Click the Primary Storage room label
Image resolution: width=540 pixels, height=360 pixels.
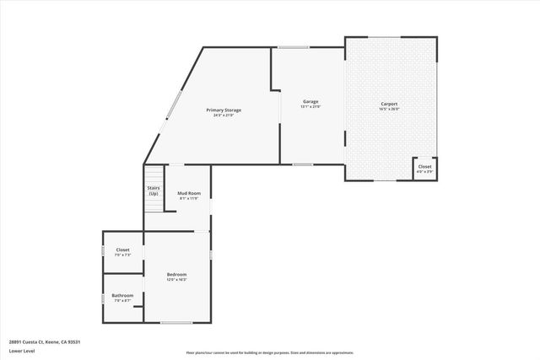pos(224,110)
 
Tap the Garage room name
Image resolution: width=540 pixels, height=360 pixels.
pos(310,102)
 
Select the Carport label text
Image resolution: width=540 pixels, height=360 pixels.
pos(388,103)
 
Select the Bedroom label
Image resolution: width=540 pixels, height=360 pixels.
pos(176,274)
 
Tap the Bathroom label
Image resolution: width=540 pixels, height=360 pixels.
pos(122,295)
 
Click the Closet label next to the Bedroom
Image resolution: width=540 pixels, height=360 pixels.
pos(122,250)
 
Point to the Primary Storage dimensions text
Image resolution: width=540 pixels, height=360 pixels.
pos(224,116)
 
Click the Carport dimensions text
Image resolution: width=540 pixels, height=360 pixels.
pos(388,108)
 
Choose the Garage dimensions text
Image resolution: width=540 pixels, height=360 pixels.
pos(310,107)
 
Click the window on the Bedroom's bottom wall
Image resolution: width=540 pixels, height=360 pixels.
pos(176,323)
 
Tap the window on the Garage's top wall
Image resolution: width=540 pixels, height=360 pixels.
pos(294,47)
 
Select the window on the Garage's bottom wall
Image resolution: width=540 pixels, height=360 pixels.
pos(303,164)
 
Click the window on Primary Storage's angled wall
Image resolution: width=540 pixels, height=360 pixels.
pos(172,105)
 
